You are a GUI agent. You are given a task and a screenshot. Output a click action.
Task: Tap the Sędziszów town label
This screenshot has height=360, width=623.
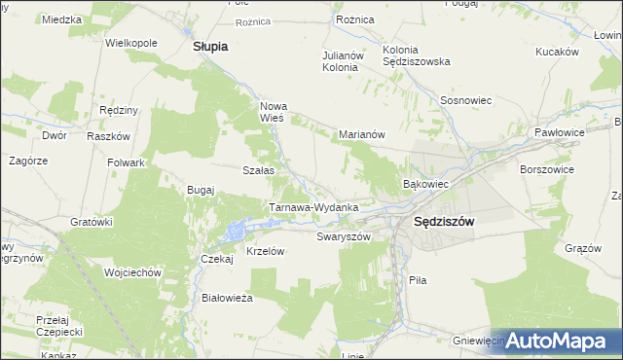444,221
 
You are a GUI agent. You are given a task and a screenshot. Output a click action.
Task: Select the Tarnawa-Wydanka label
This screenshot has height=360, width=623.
314,207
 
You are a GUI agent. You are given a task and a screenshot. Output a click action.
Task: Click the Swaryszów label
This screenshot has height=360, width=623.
345,236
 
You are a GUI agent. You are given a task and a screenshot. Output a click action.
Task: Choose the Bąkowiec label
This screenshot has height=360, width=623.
425,183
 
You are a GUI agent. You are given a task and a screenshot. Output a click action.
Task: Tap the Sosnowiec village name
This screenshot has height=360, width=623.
466,100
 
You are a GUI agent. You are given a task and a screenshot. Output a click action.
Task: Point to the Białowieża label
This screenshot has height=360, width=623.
227,298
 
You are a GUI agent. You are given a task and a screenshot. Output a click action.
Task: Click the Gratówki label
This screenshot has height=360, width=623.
92,222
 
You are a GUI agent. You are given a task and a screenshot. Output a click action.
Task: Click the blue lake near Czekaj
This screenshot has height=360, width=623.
235,232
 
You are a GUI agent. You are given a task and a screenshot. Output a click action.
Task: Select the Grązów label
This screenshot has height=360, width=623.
583,248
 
